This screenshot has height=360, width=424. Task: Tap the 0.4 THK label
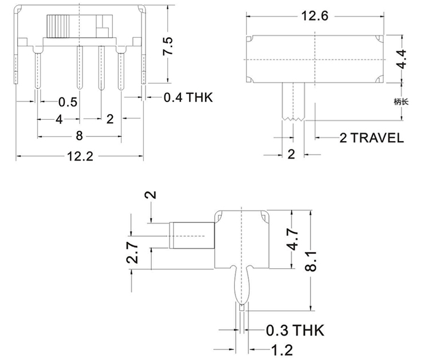point(188,97)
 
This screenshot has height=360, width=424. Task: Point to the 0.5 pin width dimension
point(68,102)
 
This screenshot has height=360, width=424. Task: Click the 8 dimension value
point(79,136)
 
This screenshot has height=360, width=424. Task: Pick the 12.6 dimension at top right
point(314,17)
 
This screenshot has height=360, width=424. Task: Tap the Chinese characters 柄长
point(401,101)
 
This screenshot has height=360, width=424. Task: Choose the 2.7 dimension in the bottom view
point(132,252)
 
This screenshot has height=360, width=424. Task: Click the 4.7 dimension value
point(292,239)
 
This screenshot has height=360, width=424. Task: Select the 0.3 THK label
point(294,331)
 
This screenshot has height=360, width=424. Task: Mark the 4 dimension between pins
point(58,119)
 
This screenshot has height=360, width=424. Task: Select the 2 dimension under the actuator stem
point(290,154)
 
